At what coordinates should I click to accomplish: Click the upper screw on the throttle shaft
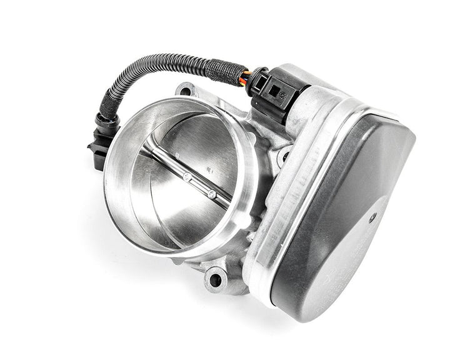click(x=187, y=177)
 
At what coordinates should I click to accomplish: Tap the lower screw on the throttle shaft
click(x=212, y=194)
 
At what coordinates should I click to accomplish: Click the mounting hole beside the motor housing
click(x=285, y=156)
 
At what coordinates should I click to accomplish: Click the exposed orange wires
click(x=248, y=76)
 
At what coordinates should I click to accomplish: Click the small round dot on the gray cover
click(x=373, y=217)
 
